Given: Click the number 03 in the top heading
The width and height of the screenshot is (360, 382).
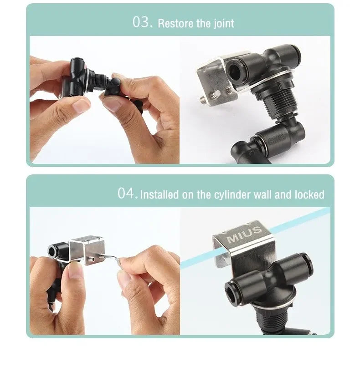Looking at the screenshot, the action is point(143,22).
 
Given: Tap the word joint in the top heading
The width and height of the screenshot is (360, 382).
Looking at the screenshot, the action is point(224,24).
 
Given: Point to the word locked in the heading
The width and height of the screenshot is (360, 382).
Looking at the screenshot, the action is point(309,194).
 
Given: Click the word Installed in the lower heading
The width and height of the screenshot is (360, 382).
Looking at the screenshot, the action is point(159,195).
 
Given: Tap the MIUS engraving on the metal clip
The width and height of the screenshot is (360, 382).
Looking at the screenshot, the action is point(244,234).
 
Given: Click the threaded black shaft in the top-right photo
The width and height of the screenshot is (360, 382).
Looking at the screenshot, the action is point(275,102).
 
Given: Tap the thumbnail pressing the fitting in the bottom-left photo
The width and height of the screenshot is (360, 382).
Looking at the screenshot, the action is point(76,270).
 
